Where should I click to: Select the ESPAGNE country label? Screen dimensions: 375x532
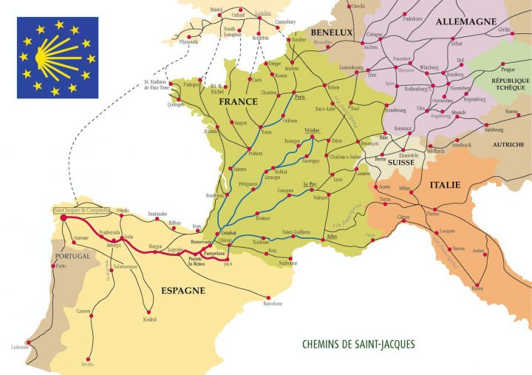(183, 291)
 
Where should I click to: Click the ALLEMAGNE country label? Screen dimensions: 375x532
(465, 21)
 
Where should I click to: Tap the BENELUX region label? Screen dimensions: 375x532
(331, 32)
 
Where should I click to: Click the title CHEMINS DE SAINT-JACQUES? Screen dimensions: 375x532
(358, 344)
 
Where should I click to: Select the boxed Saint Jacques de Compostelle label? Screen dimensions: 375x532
(81, 211)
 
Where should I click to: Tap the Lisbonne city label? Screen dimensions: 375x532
(20, 348)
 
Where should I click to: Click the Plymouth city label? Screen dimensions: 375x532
(188, 42)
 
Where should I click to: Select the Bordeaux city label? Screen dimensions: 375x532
(215, 195)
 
